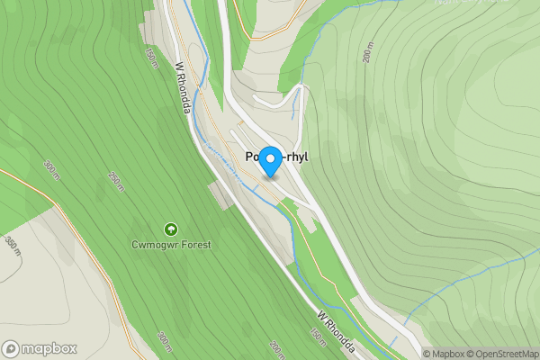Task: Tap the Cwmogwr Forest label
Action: [x=171, y=244]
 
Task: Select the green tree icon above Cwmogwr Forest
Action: [x=171, y=229]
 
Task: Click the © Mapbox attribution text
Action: [x=445, y=354]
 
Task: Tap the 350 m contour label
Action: [x=12, y=247]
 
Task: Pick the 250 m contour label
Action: [x=115, y=182]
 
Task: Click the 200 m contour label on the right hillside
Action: [x=367, y=53]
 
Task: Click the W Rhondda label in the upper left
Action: [x=184, y=88]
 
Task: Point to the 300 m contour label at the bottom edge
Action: [x=164, y=343]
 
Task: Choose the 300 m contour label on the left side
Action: [x=50, y=169]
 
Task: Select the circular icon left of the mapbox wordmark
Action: [x=11, y=348]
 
